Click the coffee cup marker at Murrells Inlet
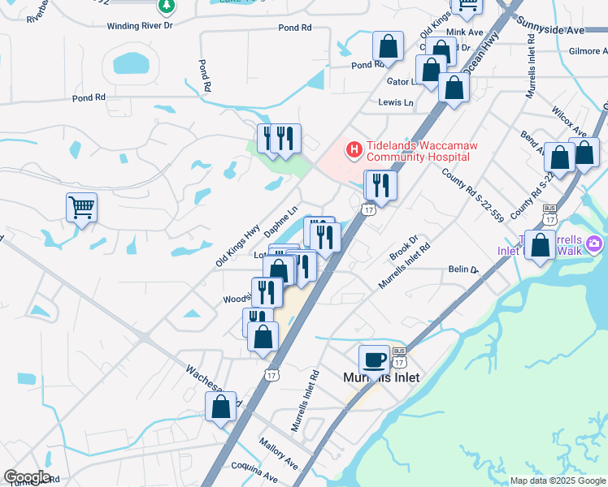coord(374,359)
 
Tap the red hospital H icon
coord(354,150)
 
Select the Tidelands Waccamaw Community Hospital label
coord(421,151)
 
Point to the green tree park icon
coord(167,6)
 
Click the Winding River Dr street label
coord(140,26)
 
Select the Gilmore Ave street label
coord(588,51)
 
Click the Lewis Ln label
coord(396,103)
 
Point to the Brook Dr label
coord(402,249)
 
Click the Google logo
coord(27,477)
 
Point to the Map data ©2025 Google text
coord(558,481)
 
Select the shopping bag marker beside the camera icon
coord(540,245)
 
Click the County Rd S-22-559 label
coord(472,195)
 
